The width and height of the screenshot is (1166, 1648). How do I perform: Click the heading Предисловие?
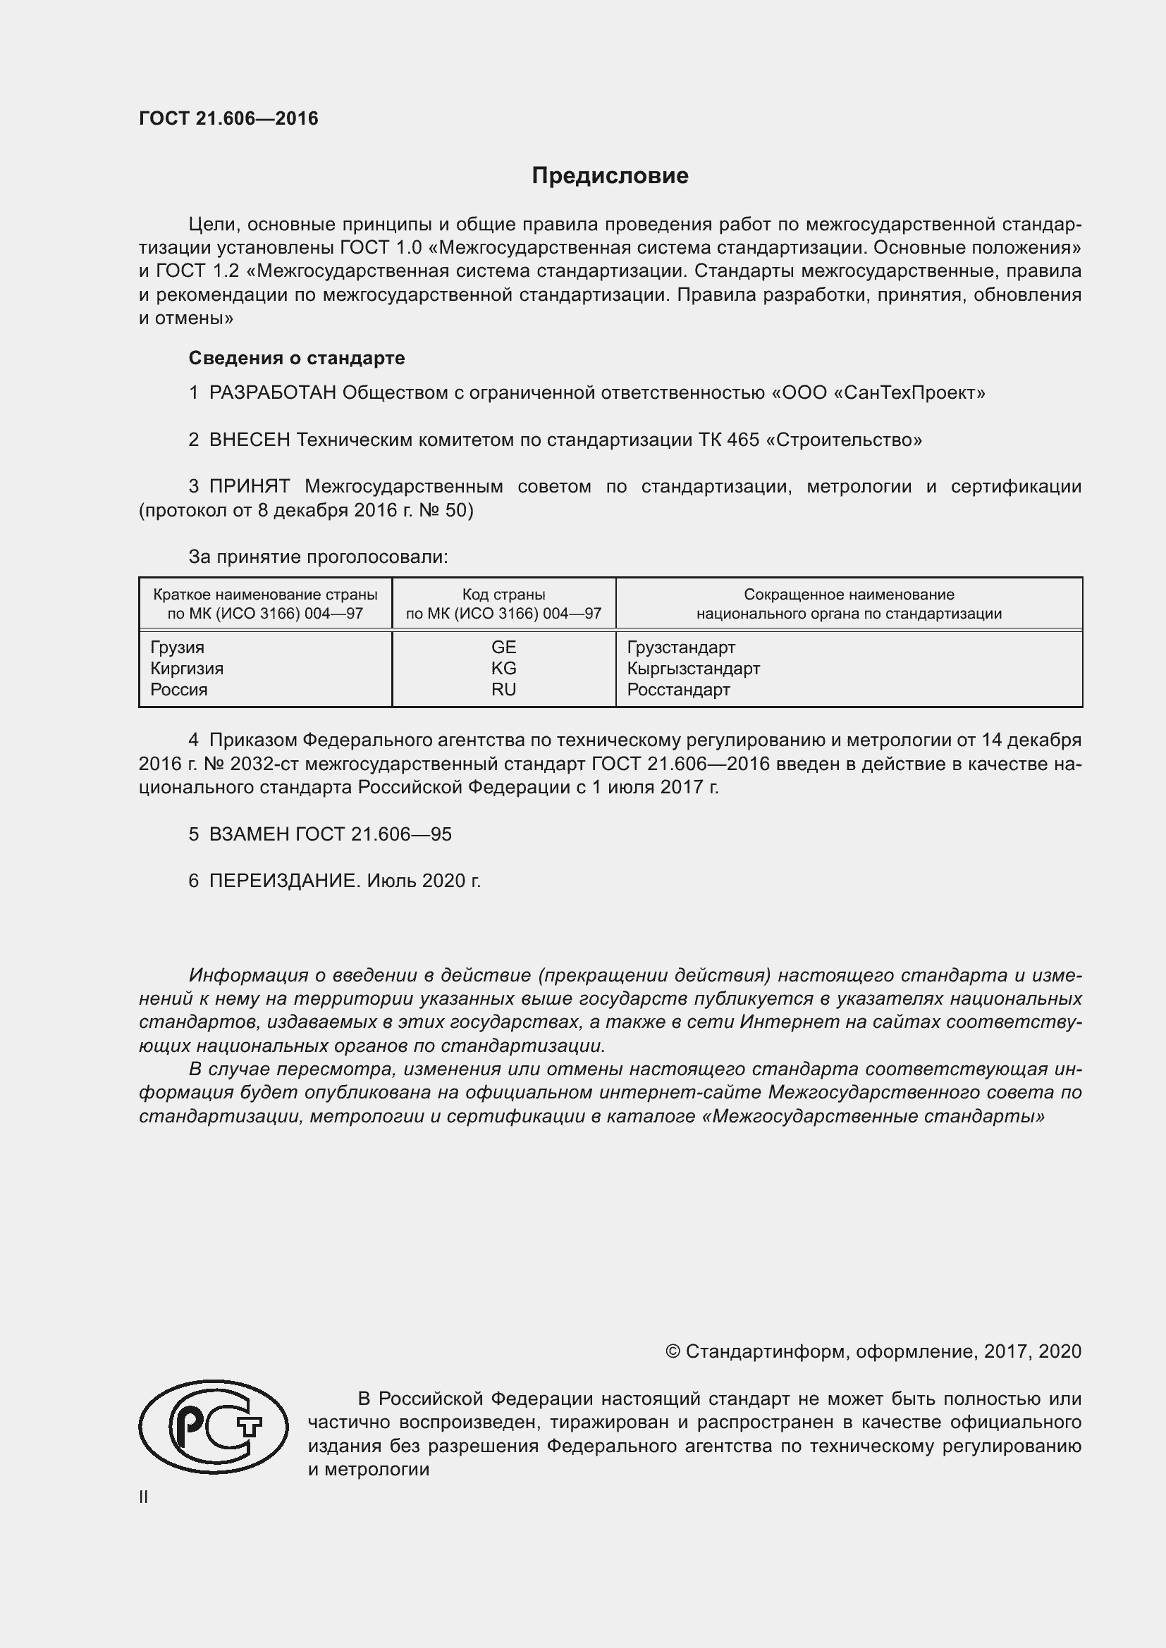click(x=610, y=176)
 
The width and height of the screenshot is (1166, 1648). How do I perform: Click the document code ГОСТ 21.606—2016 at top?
click(x=228, y=118)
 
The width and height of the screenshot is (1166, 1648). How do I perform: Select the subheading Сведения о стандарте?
click(x=297, y=357)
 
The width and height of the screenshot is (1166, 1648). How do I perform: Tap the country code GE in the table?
click(x=503, y=647)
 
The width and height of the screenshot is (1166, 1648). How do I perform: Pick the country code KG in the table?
click(x=503, y=668)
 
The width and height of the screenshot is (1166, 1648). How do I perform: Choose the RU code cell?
click(x=503, y=689)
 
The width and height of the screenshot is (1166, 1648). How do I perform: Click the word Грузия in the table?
click(x=178, y=647)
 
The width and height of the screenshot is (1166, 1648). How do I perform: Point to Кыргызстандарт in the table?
click(x=693, y=668)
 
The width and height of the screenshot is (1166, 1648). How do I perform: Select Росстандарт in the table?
click(x=677, y=689)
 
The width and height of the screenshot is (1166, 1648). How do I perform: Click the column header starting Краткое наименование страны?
click(x=265, y=604)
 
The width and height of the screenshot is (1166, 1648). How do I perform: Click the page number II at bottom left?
click(x=144, y=1497)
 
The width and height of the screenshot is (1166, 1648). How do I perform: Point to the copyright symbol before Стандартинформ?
click(x=673, y=1351)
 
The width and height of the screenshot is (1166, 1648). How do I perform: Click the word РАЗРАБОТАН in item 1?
click(x=272, y=392)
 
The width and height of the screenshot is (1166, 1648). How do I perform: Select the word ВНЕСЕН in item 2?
click(x=249, y=439)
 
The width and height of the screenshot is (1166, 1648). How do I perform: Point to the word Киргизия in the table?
click(x=187, y=668)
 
